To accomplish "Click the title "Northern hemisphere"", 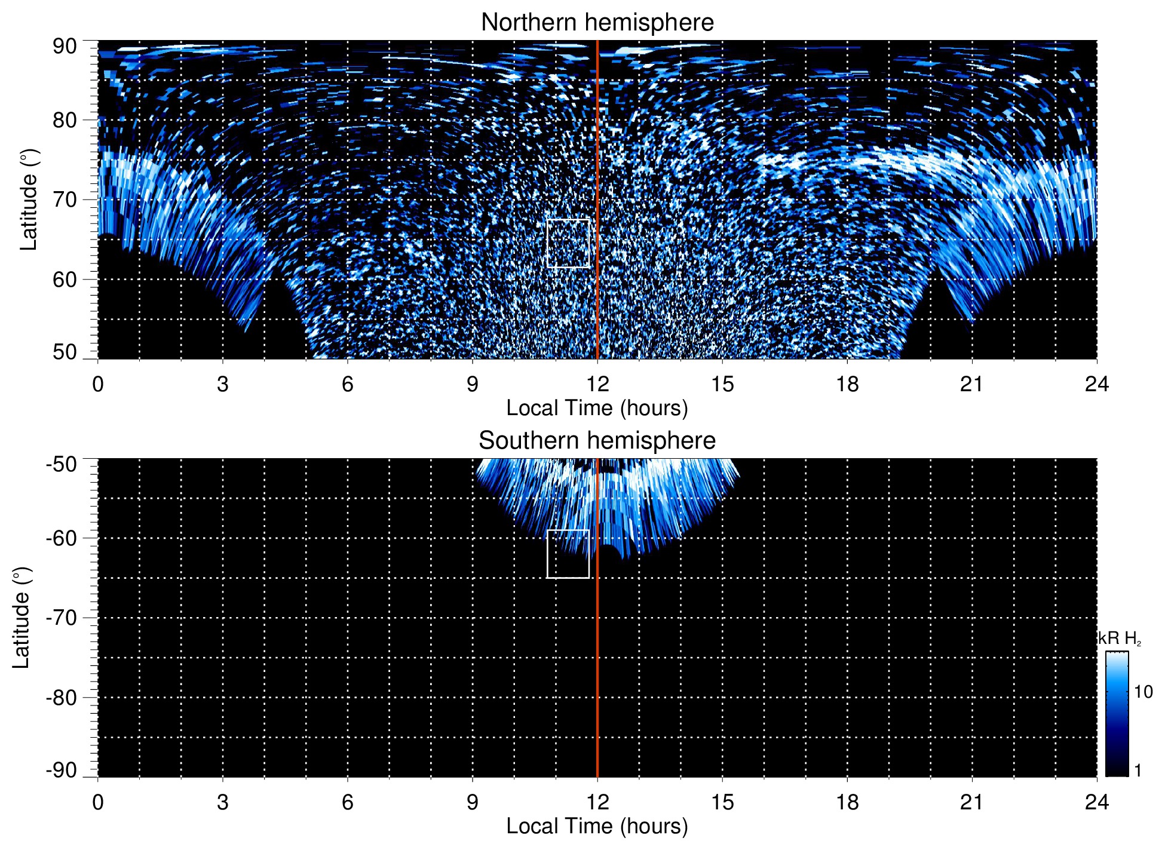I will point(597,23).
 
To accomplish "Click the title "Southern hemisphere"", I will point(597,441).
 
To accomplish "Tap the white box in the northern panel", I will point(568,243).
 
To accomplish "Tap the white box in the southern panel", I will point(568,554).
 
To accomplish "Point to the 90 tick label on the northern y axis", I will point(65,47).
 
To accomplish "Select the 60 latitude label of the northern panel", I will point(65,280).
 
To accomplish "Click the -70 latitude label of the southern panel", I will point(62,618).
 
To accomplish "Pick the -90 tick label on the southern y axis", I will point(62,771).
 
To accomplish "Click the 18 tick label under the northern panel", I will point(847,384).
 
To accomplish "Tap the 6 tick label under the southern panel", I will point(348,802).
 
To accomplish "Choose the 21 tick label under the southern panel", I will point(972,802).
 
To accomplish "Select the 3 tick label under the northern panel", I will point(223,384).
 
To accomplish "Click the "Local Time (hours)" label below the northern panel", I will point(597,408).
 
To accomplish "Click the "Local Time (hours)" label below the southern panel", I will point(597,826).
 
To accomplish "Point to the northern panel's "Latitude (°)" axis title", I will point(29,200).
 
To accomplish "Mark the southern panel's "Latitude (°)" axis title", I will point(22,618).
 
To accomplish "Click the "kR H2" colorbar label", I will point(1120,639).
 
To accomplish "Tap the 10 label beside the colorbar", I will point(1143,692).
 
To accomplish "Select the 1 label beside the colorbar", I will point(1138,771).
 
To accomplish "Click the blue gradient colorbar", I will point(1117,714).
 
